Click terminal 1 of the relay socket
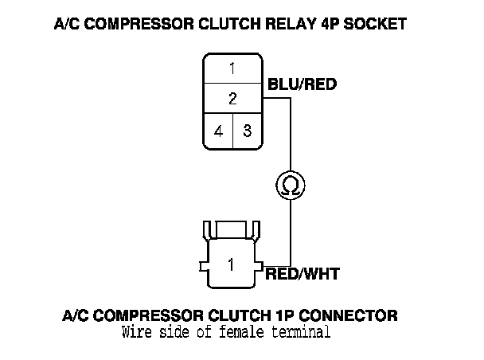[x=232, y=68]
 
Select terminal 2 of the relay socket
[x=232, y=100]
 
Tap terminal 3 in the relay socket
[x=247, y=131]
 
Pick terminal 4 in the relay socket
[x=218, y=131]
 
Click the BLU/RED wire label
[x=302, y=82]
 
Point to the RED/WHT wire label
[x=302, y=274]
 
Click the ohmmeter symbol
[x=289, y=186]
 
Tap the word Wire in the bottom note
[x=137, y=331]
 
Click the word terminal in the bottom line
[x=302, y=331]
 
